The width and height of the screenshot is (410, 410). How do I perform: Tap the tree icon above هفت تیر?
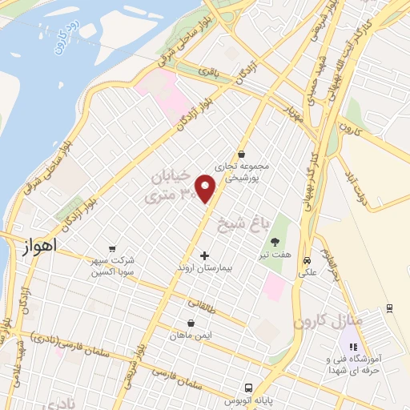(275, 241)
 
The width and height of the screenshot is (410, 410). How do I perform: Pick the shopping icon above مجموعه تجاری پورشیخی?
(241, 154)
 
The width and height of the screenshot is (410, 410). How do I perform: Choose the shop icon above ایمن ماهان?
(190, 324)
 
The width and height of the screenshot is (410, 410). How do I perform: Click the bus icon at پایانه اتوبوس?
(249, 386)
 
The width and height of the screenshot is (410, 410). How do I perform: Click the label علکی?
(307, 273)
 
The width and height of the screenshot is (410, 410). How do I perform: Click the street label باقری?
(209, 73)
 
